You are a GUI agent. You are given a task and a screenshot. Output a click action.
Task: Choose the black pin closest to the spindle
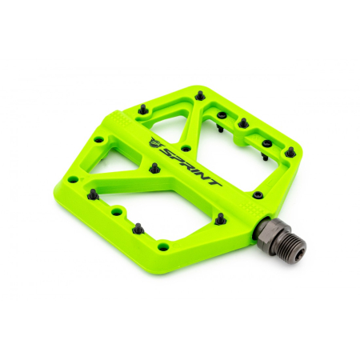coord(256,194)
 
